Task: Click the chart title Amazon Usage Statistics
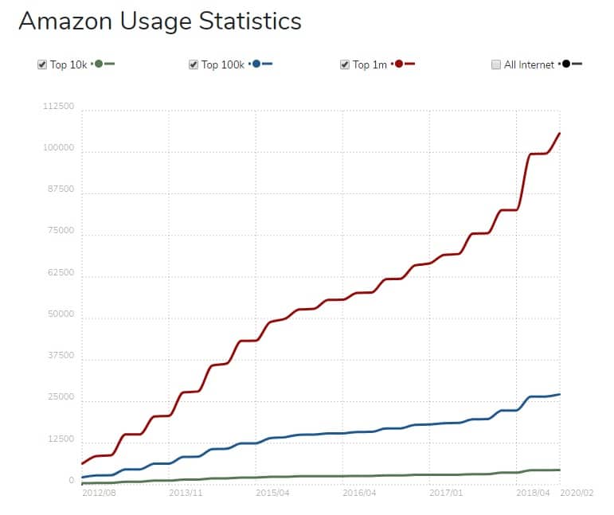pyautogui.click(x=160, y=21)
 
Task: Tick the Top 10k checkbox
pyautogui.click(x=42, y=64)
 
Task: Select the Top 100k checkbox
pyautogui.click(x=194, y=64)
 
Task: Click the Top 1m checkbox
pyautogui.click(x=345, y=64)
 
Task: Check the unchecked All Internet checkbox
pyautogui.click(x=496, y=64)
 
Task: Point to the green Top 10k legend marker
pyautogui.click(x=99, y=64)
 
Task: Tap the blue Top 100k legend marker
pyautogui.click(x=256, y=64)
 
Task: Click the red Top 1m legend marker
pyautogui.click(x=398, y=64)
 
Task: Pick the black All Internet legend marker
pyautogui.click(x=566, y=64)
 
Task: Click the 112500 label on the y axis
pyautogui.click(x=59, y=107)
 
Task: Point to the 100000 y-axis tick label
pyautogui.click(x=59, y=148)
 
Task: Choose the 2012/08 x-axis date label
pyautogui.click(x=100, y=493)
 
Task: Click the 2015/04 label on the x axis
pyautogui.click(x=273, y=493)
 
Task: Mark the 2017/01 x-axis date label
pyautogui.click(x=446, y=493)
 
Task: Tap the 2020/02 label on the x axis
pyautogui.click(x=577, y=493)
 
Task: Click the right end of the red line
pyautogui.click(x=560, y=133)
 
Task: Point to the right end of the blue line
pyautogui.click(x=560, y=394)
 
